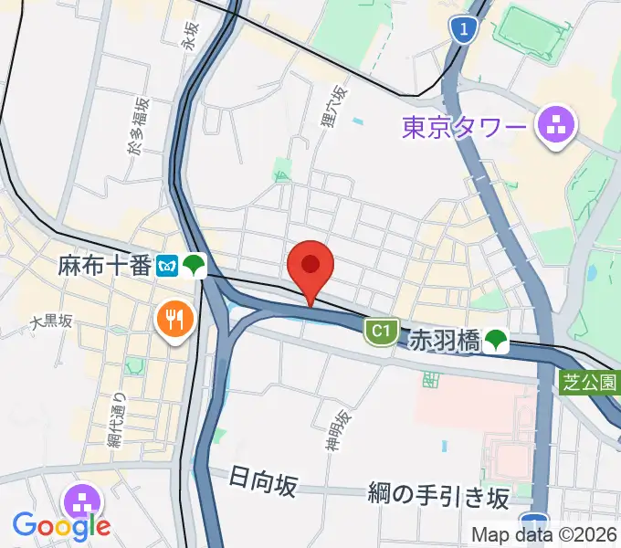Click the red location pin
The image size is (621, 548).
[x=310, y=268]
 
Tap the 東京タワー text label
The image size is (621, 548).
[x=465, y=125]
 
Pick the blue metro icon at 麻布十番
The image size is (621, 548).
[x=167, y=266]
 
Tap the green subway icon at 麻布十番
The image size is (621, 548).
[x=194, y=266]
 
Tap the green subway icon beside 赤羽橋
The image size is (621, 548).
[x=496, y=342]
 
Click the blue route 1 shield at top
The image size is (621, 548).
[x=465, y=31]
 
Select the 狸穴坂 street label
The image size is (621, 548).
[x=334, y=105]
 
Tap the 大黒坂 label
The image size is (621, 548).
[x=50, y=321]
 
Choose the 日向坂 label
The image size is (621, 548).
[x=263, y=481]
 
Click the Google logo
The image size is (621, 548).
[x=61, y=525]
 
